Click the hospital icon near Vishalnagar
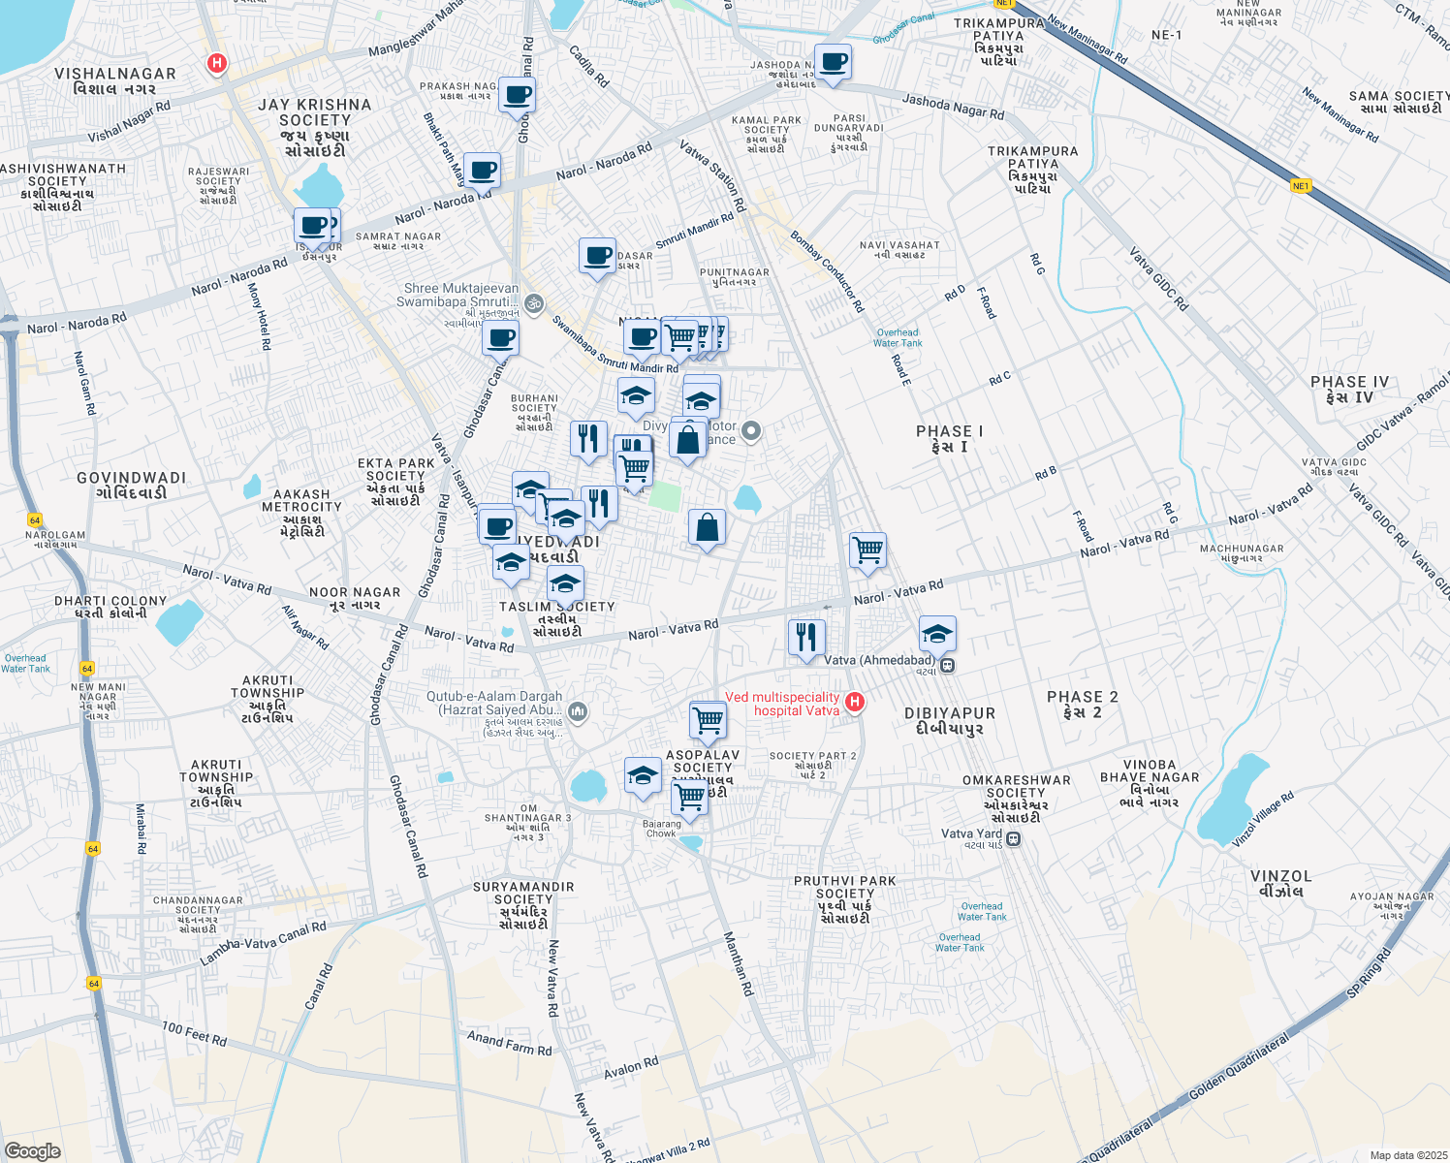click(x=217, y=64)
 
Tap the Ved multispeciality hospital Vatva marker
click(x=854, y=702)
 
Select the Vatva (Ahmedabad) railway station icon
click(x=948, y=665)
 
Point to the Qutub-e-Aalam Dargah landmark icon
click(x=578, y=713)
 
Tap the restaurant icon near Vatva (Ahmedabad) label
click(x=806, y=639)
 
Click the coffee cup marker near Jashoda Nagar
click(x=833, y=63)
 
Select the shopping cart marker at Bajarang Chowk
click(x=689, y=798)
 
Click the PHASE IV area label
click(x=1349, y=390)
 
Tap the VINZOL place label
click(x=1280, y=883)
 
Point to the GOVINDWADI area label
click(x=131, y=485)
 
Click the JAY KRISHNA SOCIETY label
click(x=314, y=127)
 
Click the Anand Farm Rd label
click(x=509, y=1043)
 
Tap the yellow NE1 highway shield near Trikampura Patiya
click(x=1300, y=186)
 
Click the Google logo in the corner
click(x=32, y=1150)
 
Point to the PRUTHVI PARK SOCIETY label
click(x=844, y=898)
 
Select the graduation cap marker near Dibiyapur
click(x=936, y=635)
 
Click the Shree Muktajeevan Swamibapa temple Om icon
click(x=534, y=304)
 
